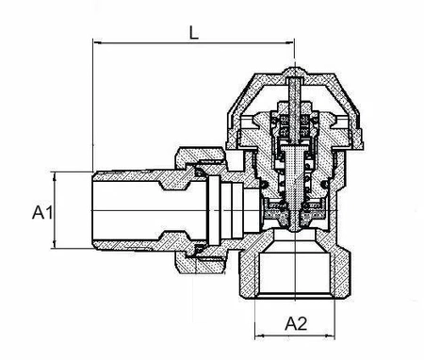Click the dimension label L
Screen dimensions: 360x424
193,30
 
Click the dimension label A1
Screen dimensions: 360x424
40,213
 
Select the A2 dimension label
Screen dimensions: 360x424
297,323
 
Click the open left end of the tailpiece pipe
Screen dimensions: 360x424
95,209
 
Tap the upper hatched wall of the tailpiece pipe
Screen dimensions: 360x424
132,175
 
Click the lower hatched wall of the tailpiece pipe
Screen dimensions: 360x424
132,244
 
